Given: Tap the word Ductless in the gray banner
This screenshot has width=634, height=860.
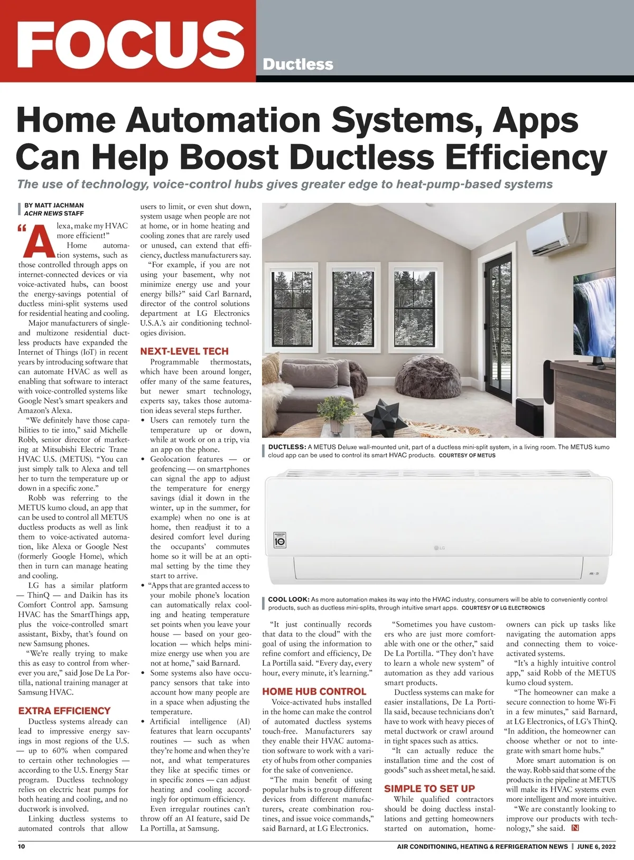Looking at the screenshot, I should (297, 64).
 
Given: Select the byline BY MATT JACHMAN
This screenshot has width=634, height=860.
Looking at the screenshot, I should (54, 205).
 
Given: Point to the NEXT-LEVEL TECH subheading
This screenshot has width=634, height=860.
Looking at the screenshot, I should (184, 351).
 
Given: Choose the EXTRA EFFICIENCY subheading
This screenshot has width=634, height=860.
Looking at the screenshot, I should (64, 711).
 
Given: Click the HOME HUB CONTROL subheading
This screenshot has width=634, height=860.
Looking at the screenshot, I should (314, 691).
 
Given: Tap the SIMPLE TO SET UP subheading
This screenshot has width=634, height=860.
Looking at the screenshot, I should (429, 789).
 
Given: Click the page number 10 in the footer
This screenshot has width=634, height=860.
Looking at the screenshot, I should (22, 847).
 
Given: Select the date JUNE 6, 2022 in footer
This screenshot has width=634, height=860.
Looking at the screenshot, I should (596, 847).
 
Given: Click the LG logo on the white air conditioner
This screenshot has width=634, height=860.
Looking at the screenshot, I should (439, 548).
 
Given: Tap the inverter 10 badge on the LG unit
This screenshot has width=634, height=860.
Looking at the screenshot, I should (281, 540).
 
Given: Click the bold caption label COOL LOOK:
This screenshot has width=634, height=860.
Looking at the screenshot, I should (288, 600).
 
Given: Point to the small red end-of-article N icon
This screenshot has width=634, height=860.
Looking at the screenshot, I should (575, 828).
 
